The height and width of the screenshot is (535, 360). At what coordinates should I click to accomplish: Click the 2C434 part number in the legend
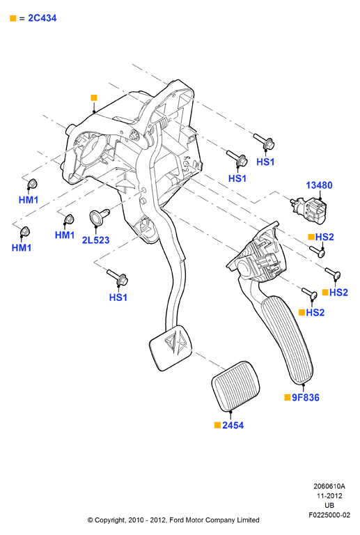pyautogui.click(x=42, y=18)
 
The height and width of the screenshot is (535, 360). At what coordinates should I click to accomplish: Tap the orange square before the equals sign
pyautogui.click(x=13, y=18)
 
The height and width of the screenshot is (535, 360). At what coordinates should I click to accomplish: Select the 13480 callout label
pyautogui.click(x=319, y=185)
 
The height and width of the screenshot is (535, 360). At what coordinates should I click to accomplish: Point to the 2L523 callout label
pyautogui.click(x=96, y=240)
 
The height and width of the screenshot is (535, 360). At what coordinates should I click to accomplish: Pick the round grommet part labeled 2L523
pyautogui.click(x=98, y=217)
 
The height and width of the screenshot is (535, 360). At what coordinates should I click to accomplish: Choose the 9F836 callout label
pyautogui.click(x=306, y=398)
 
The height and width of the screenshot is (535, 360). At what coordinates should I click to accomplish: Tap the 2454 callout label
pyautogui.click(x=233, y=426)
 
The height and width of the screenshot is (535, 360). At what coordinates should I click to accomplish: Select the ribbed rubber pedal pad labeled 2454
pyautogui.click(x=236, y=385)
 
